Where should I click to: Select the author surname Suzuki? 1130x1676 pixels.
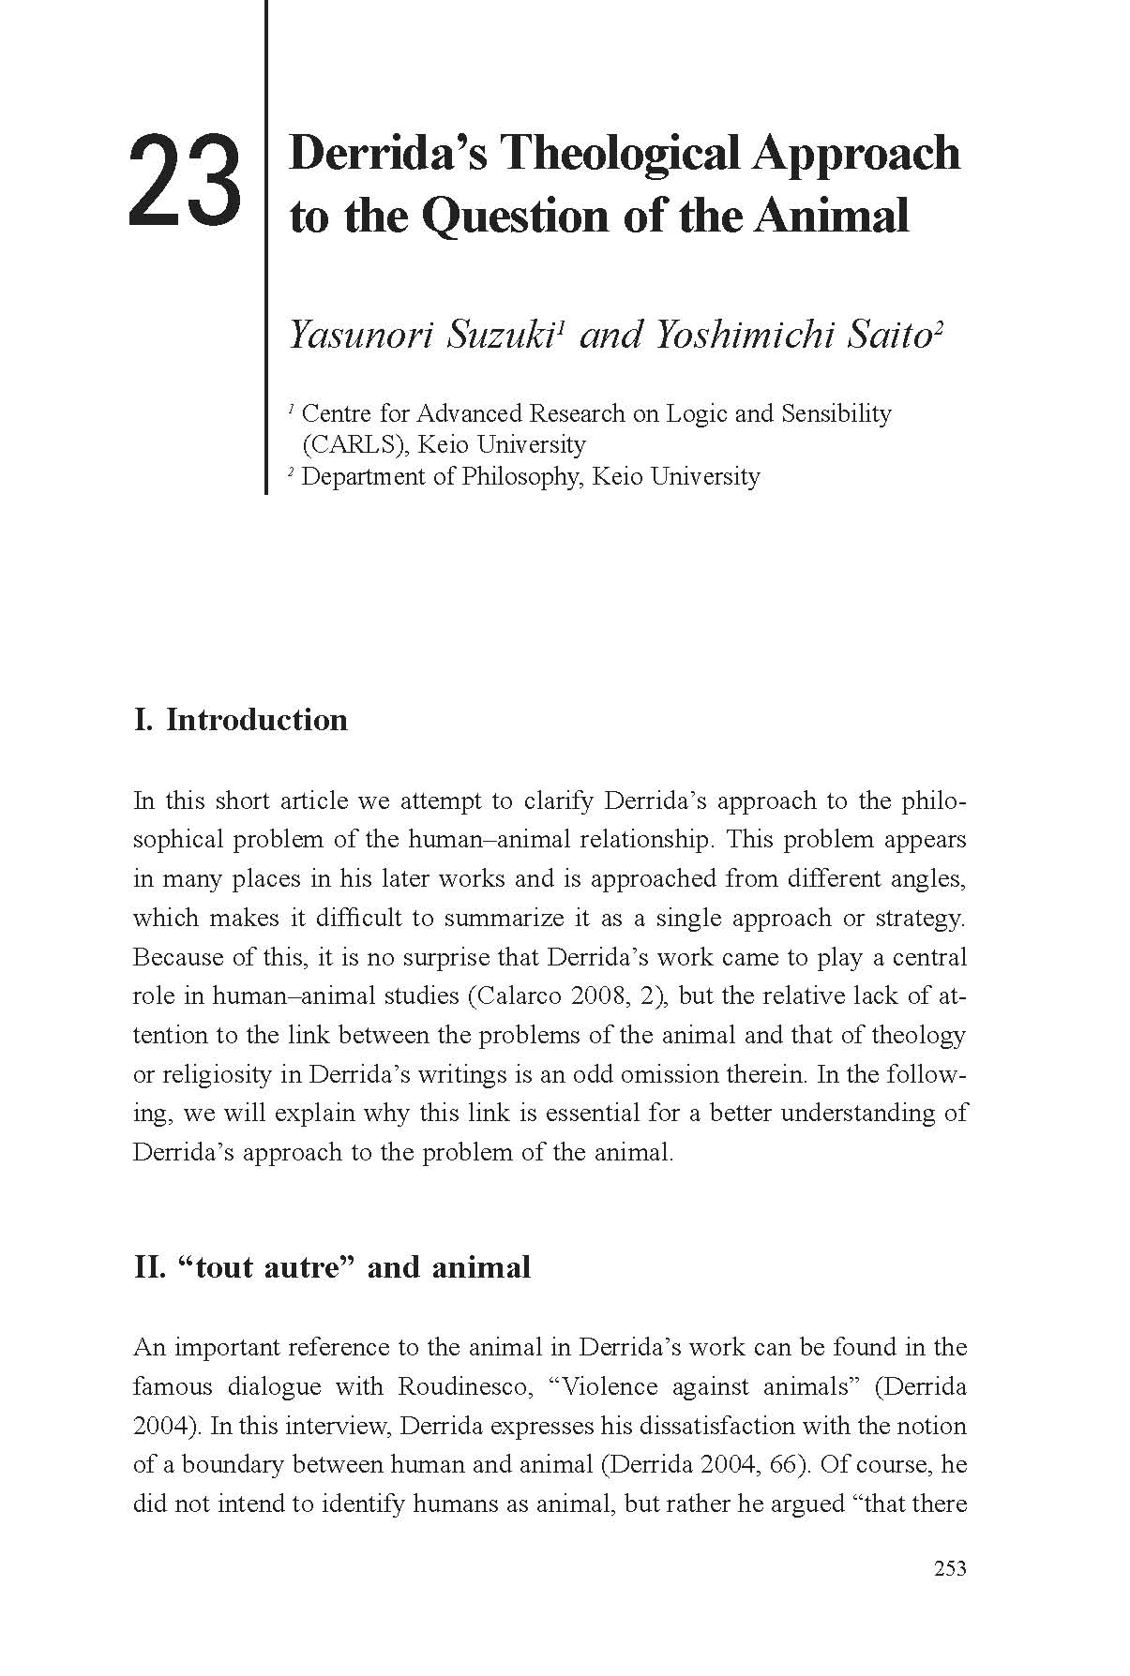pyautogui.click(x=498, y=335)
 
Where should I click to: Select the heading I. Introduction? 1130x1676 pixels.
pyautogui.click(x=241, y=720)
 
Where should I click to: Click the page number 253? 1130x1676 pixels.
pyautogui.click(x=950, y=1569)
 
